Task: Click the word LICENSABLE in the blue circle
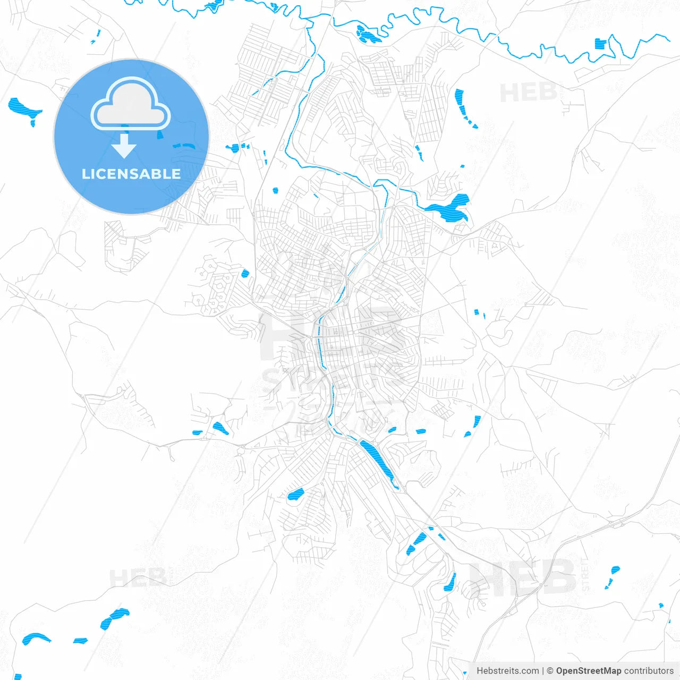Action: tap(131, 174)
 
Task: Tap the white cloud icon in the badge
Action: tap(131, 106)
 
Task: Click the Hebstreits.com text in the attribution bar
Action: tap(507, 671)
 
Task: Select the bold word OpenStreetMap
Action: tap(588, 671)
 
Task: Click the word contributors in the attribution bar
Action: tap(649, 671)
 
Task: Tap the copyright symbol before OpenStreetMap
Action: tap(550, 671)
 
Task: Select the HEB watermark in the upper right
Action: tap(528, 93)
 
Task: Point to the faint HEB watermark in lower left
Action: tap(137, 577)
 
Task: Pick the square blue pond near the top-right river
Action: tap(601, 44)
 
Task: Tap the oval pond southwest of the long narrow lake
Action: tap(295, 496)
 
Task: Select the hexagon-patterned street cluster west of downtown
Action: tap(214, 284)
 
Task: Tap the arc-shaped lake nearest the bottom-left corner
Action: tap(36, 638)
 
